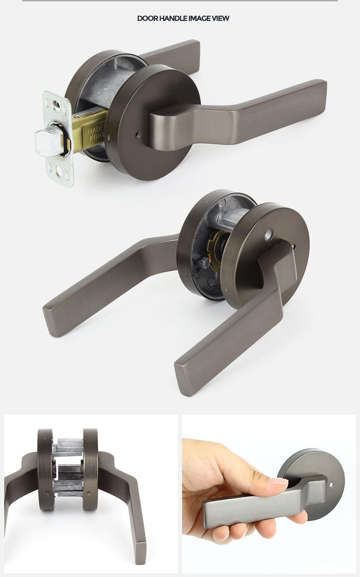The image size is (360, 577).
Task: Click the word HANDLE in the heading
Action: click(x=169, y=18)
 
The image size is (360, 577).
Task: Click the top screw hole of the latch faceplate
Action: click(x=56, y=105)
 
